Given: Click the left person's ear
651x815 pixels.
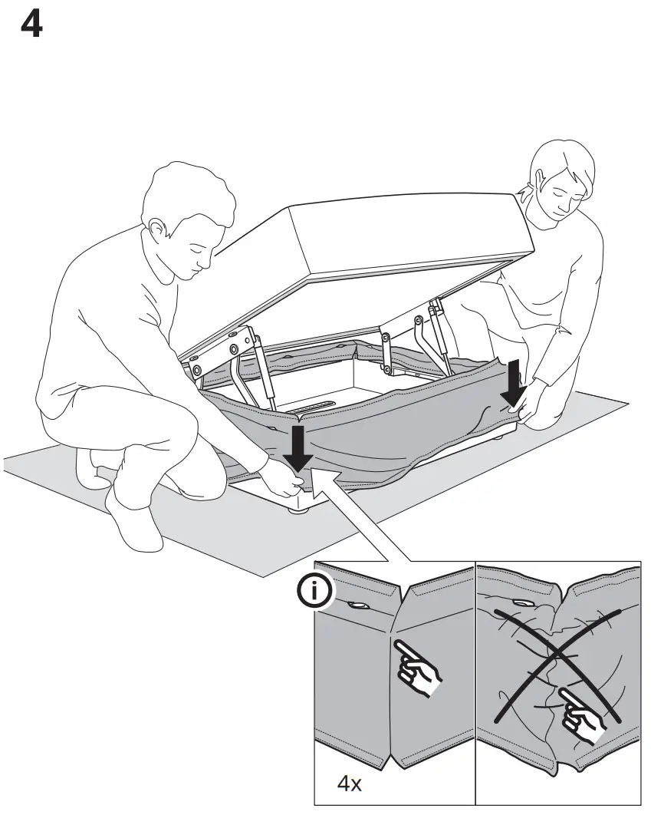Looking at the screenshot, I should point(157,229).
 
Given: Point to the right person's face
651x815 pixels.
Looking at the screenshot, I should point(564,196).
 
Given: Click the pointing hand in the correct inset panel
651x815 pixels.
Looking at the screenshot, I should point(418,667).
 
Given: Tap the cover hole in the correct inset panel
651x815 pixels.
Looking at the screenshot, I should point(357,605).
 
